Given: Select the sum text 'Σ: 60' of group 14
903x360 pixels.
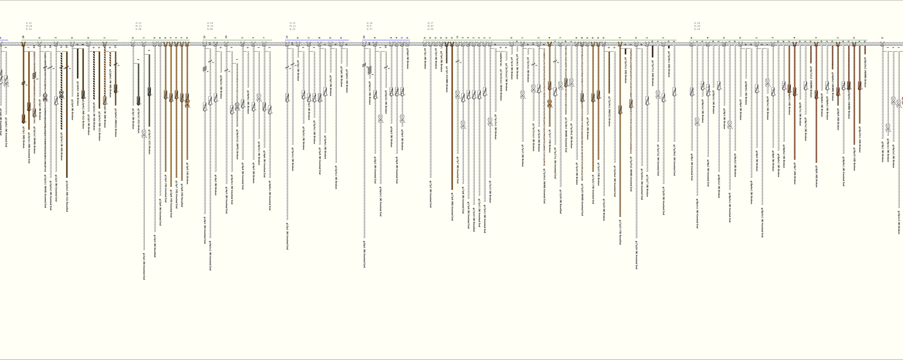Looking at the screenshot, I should [210, 29].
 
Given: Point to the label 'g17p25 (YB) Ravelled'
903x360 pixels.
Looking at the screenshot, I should [620, 232].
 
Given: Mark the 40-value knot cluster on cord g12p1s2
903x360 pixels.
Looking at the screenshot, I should [34, 75].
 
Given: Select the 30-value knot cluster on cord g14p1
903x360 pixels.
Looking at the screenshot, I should [204, 69].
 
